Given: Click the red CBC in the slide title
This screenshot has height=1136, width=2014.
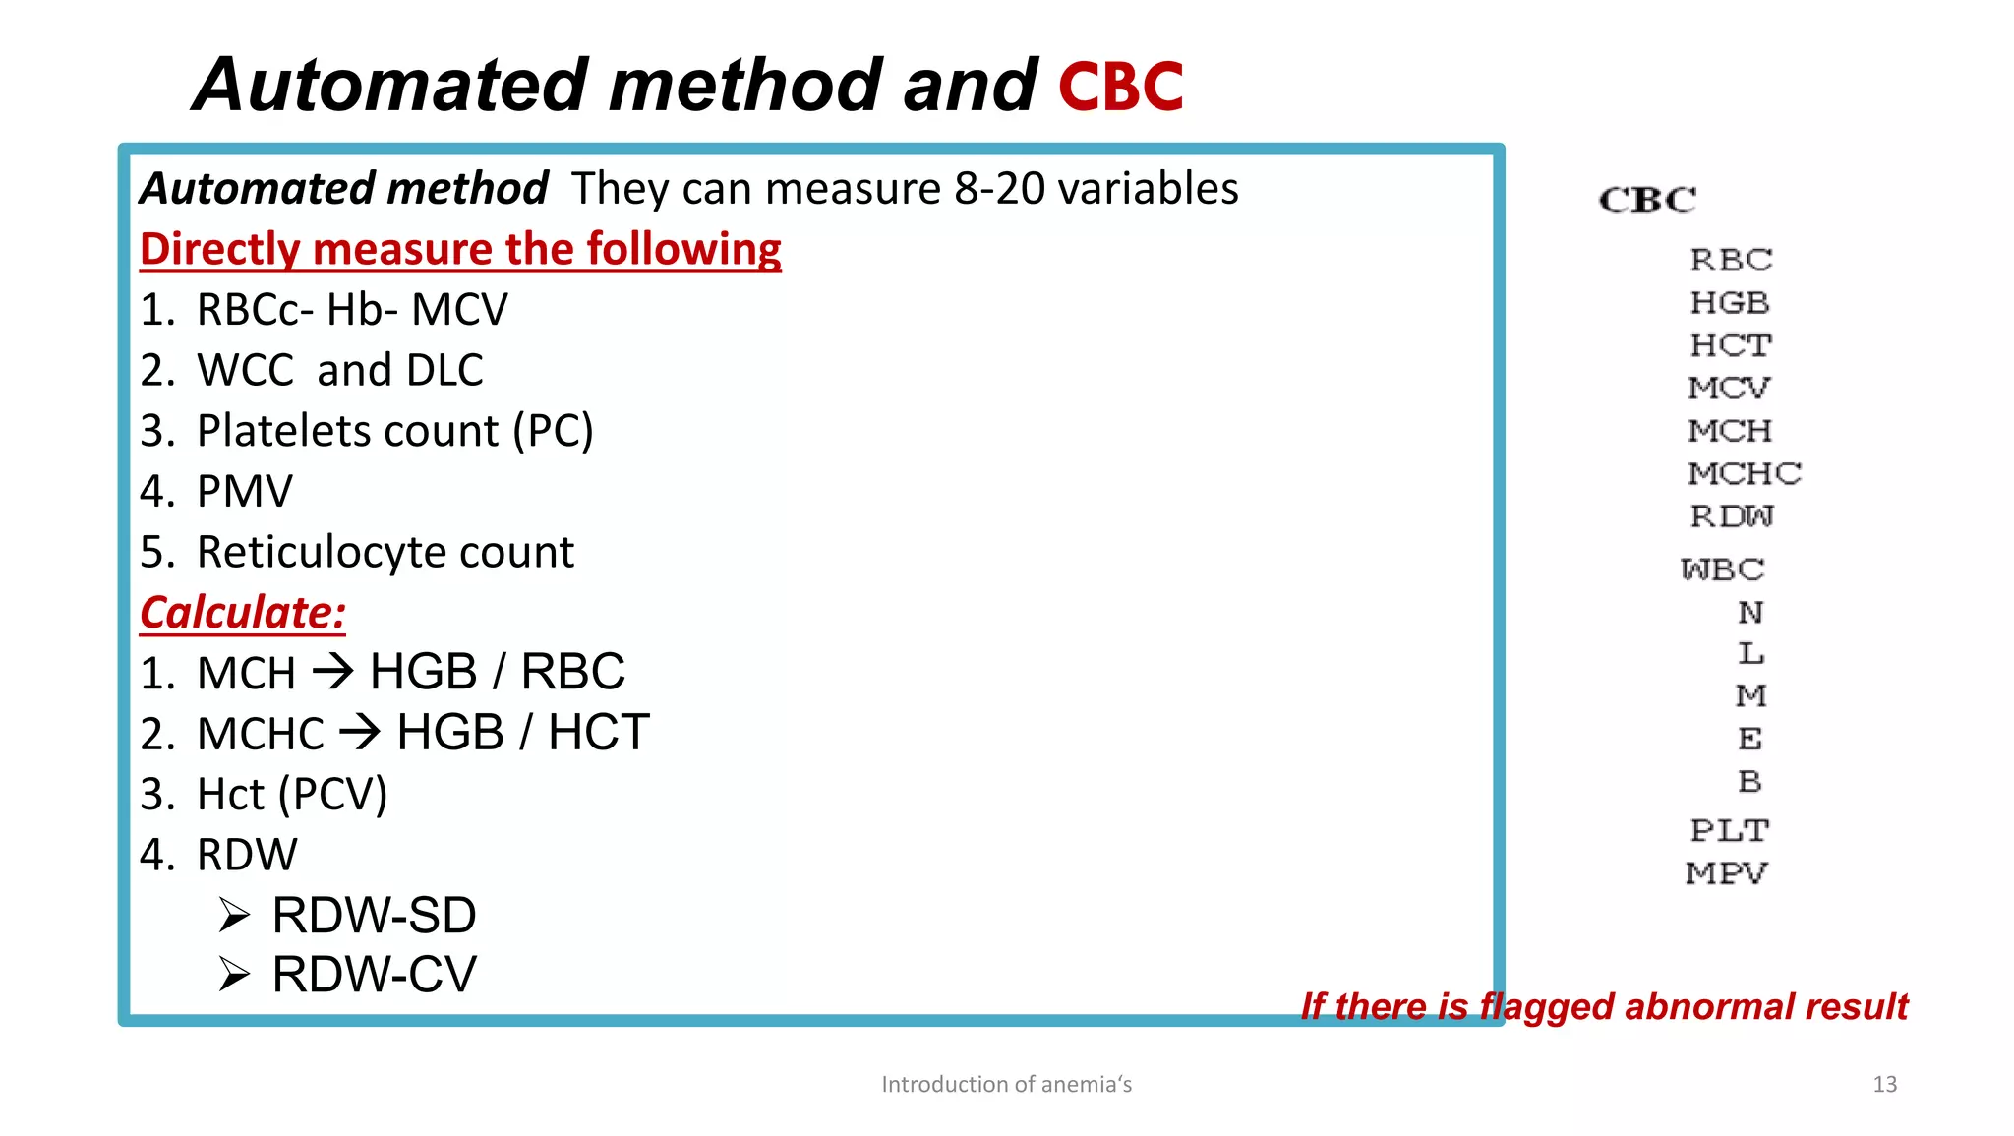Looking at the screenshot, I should coord(1120,87).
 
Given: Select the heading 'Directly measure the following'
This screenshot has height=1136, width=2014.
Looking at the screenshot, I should coord(460,249).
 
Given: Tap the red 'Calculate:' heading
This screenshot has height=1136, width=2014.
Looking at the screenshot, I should coord(243,613).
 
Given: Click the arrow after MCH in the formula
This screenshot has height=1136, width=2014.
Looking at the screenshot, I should coord(332,673).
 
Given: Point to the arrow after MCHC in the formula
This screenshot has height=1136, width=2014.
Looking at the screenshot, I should coord(360,733).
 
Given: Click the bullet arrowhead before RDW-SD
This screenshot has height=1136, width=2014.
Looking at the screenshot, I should coord(235,916).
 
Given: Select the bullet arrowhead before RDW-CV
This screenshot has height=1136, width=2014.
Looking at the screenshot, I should coord(235,975).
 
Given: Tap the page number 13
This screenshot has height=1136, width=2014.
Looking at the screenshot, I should coord(1884,1084).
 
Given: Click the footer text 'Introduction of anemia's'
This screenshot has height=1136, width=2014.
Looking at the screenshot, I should coord(1006,1084).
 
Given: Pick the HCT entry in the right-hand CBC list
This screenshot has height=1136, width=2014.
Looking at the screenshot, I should coord(1730,345).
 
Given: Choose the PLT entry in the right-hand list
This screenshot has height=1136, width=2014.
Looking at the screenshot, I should coord(1729,830).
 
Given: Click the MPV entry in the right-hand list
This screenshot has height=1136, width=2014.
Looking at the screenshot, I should coord(1726,872).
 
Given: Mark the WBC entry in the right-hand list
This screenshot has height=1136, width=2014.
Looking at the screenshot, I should coord(1722,569).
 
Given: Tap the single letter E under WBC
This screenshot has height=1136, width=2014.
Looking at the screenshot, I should coord(1749,739).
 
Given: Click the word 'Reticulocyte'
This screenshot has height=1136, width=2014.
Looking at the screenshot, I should coord(323,553).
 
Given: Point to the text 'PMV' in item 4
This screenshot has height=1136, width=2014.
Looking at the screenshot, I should coord(245,492).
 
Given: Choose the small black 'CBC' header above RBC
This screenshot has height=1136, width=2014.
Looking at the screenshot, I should coord(1647,201).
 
